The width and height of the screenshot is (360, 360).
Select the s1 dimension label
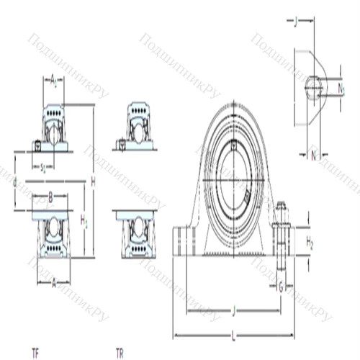(43, 168)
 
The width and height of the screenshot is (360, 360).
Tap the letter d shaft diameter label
(16, 182)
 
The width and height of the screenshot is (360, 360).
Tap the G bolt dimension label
(281, 287)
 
